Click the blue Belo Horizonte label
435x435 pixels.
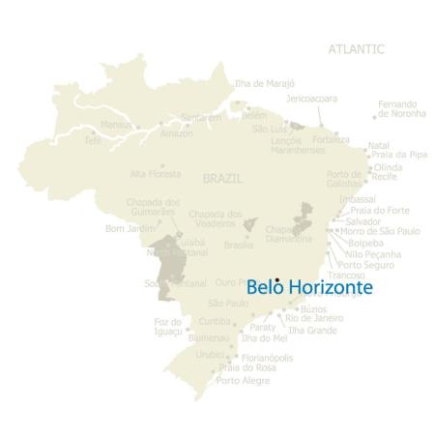pos(309,287)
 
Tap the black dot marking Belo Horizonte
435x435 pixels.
pos(277,280)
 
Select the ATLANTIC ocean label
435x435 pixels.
pos(356,48)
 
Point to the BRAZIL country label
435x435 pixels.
pos(223,179)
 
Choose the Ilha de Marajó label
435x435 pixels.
pos(264,83)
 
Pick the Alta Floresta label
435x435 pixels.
pos(156,174)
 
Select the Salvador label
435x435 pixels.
pos(362,220)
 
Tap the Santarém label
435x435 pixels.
pos(201,118)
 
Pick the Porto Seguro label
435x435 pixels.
pos(365,263)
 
